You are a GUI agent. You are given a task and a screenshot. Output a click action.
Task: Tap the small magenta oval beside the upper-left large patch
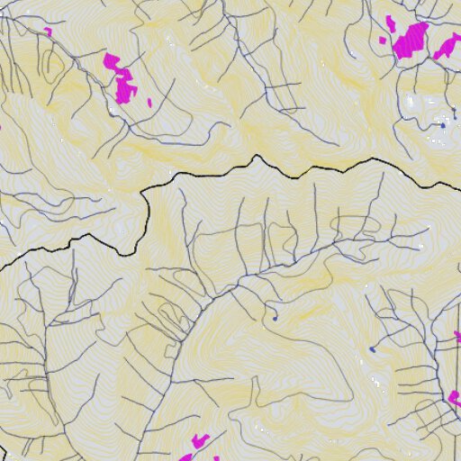coord(149,102)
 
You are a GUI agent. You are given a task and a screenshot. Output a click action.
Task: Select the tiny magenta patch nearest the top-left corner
coord(48,32)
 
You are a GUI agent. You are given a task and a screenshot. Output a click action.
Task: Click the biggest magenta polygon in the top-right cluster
coord(412,41)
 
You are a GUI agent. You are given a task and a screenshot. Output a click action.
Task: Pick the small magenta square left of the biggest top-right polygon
coord(383,41)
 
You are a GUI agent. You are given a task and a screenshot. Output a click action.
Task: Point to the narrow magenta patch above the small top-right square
coord(390,21)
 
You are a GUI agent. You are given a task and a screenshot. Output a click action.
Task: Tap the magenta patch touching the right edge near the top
coord(447,47)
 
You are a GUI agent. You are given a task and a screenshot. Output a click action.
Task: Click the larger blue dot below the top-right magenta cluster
coord(442,126)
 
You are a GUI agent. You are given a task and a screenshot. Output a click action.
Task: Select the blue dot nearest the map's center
coord(275,317)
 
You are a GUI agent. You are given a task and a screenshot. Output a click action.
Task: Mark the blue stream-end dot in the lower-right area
coord(371,349)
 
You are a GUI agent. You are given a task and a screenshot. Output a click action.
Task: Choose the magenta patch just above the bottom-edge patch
coord(200,440)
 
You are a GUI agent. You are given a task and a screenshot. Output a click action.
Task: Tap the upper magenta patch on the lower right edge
coord(457,337)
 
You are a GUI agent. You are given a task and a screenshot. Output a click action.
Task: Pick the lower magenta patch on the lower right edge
coord(455,397)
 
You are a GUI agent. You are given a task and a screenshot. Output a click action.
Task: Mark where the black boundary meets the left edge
coord(1,267)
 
